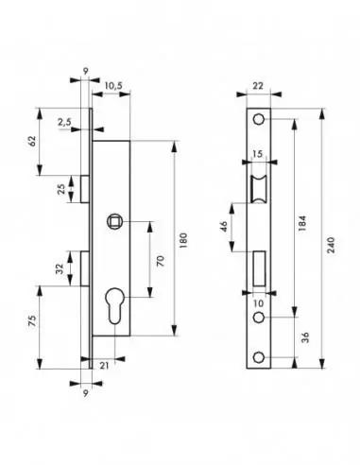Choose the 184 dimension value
(x=302, y=223)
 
